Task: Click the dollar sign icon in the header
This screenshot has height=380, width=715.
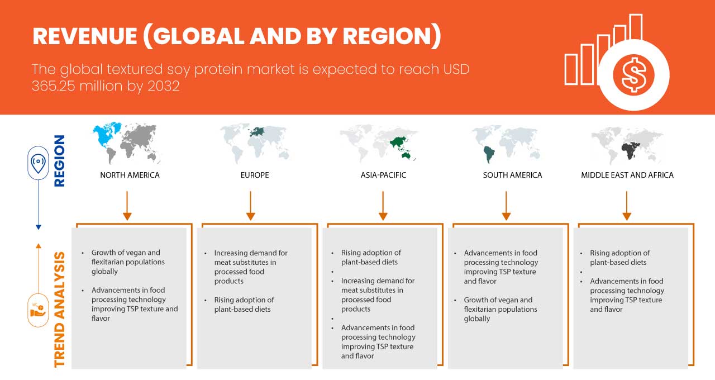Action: coord(633,75)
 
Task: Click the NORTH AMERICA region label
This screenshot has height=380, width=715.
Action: coord(130,175)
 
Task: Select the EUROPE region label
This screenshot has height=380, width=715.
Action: coord(255,175)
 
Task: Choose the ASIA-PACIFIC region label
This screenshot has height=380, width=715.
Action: coord(383,175)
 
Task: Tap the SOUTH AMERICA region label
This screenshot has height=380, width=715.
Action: coord(512,175)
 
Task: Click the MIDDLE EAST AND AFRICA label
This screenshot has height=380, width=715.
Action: coord(627,175)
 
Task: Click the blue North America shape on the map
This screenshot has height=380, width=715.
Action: coord(106,134)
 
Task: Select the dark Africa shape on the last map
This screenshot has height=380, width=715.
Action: coord(630,151)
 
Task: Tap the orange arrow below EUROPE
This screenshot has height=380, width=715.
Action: coord(251,206)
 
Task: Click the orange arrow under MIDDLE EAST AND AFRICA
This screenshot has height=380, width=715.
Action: coord(627,206)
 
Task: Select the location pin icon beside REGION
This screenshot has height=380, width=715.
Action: coord(38,163)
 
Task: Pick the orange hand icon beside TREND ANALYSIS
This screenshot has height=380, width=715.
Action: coord(38,310)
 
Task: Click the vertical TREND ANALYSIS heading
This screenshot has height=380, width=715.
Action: coord(60,310)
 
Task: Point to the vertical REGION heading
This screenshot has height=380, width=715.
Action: coord(60,160)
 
